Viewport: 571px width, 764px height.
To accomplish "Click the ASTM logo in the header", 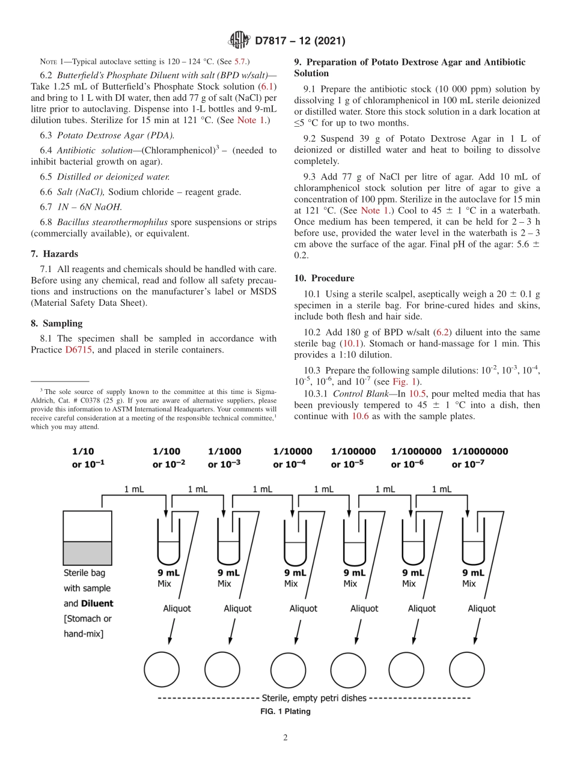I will tap(239, 41).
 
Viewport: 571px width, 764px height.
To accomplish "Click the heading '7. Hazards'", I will tap(54, 254).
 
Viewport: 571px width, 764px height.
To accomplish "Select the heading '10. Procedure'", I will tap(324, 278).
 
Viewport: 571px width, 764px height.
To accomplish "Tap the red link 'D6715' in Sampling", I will tap(78, 350).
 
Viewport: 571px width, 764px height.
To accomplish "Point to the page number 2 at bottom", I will tap(285, 738).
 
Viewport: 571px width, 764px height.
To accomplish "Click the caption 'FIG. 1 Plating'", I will tap(285, 712).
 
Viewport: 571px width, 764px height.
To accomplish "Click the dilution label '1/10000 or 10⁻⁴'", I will tap(293, 458).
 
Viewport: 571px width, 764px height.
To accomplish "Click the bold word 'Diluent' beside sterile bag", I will tap(97, 603).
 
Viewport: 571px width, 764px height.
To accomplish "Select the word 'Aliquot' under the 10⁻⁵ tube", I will tap(365, 608).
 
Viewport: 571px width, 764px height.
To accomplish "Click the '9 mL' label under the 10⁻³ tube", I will tap(228, 573).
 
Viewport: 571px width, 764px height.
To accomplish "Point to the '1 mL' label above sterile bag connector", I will tap(133, 490).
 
